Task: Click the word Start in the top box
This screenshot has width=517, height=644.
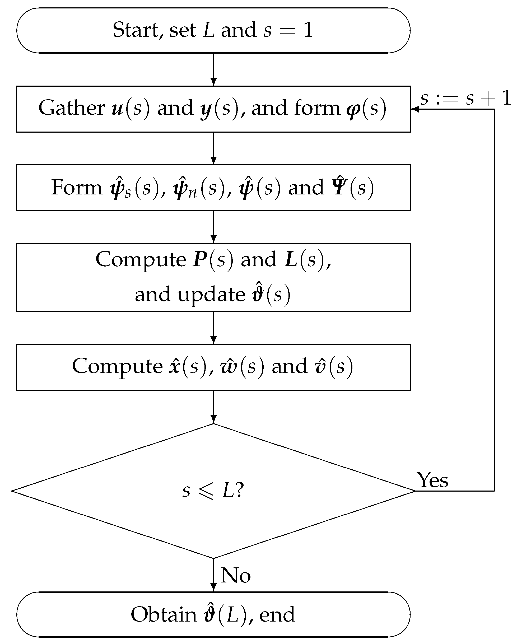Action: click(137, 30)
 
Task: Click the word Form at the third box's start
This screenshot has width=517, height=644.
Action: click(76, 188)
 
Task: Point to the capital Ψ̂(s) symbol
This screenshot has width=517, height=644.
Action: click(352, 187)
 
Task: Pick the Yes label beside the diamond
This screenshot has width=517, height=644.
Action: click(432, 480)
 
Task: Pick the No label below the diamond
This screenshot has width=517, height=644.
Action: click(236, 575)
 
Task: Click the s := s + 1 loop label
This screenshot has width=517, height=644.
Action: click(465, 98)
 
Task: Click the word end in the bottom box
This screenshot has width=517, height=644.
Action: click(277, 615)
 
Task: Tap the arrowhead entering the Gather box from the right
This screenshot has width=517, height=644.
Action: click(414, 109)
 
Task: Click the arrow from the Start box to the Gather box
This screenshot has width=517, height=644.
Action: click(213, 69)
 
